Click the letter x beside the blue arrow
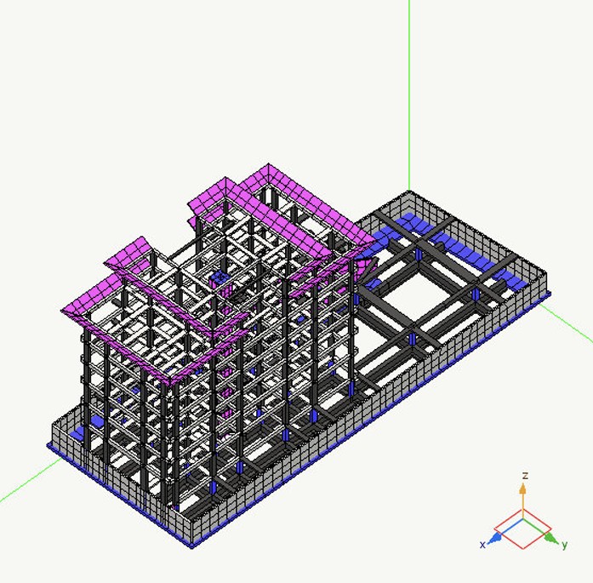pyautogui.click(x=482, y=545)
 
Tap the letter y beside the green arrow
pyautogui.click(x=564, y=546)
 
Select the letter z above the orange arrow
pyautogui.click(x=525, y=476)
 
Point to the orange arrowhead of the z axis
pyautogui.click(x=522, y=489)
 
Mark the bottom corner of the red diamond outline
pyautogui.click(x=523, y=549)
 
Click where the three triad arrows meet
pyautogui.click(x=523, y=520)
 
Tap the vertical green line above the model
pyautogui.click(x=409, y=95)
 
